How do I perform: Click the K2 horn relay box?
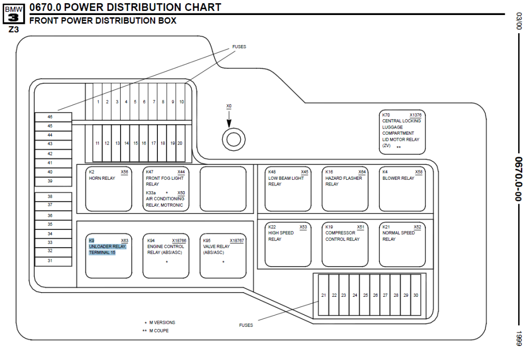pos(109,189)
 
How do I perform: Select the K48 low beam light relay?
pos(288,189)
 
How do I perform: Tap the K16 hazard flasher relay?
pos(345,189)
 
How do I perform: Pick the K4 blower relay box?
pos(402,189)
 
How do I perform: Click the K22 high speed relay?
pos(288,244)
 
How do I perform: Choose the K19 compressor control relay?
pos(345,244)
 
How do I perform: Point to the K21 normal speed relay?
pos(402,244)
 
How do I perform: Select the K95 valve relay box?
pos(223,255)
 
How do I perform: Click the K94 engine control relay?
pos(166,255)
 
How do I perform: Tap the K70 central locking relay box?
pos(402,132)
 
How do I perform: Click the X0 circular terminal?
pos(231,138)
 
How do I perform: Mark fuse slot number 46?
pos(50,117)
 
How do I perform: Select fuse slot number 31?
pos(50,261)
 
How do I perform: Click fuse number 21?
pos(323,295)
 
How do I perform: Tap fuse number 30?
pos(416,295)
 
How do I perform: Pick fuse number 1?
pos(98,102)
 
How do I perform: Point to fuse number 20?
pos(180,143)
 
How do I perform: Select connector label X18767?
pos(237,241)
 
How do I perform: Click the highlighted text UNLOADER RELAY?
pos(107,247)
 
